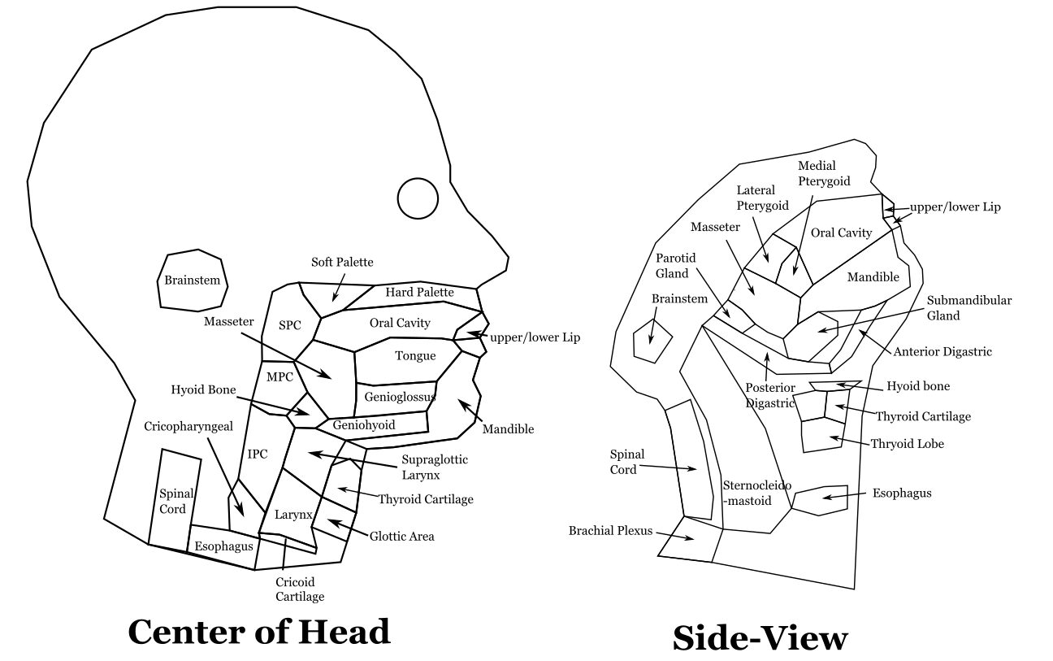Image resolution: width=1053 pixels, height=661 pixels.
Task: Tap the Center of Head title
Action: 259,632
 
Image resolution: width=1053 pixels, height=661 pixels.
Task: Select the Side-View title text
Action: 760,638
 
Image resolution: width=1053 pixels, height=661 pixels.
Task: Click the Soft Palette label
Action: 342,262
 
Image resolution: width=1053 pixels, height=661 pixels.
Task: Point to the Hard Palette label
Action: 420,292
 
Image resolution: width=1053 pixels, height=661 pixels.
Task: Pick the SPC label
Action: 290,325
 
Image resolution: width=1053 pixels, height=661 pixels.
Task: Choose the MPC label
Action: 279,376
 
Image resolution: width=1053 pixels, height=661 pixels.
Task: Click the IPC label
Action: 258,454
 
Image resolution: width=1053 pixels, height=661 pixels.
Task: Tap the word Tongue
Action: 415,356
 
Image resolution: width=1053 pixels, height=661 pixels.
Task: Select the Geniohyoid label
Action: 364,424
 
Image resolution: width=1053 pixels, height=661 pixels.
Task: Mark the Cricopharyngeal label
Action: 188,426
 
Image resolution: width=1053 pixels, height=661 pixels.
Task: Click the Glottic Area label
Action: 401,536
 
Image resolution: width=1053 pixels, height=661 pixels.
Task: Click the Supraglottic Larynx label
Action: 435,467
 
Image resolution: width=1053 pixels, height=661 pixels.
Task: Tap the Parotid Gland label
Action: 672,266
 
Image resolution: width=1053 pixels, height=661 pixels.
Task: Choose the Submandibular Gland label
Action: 969,308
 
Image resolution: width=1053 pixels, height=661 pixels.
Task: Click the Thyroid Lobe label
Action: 908,444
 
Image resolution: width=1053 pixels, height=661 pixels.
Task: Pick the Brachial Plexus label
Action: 610,531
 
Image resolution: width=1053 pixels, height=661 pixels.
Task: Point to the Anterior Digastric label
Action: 942,352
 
